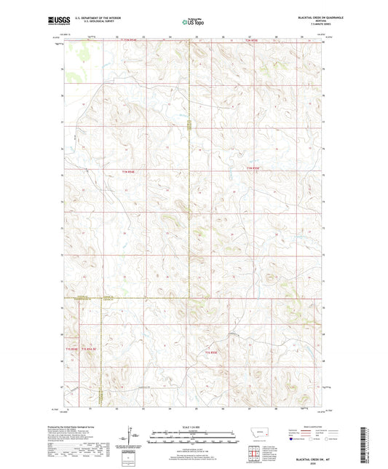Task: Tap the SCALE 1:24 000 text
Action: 193,426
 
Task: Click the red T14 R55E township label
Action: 253,170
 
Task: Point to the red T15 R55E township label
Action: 212,352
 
